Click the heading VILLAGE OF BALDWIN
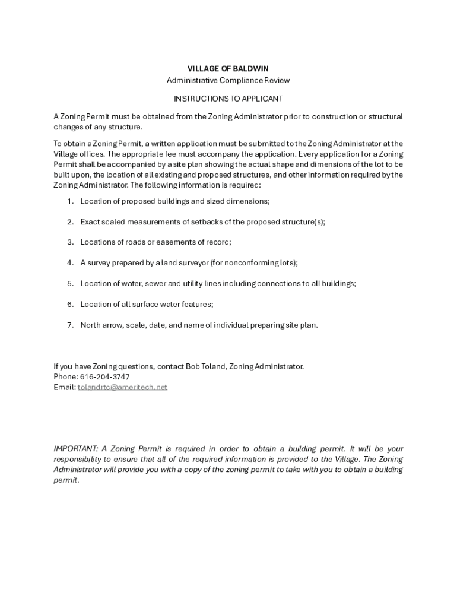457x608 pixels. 228,69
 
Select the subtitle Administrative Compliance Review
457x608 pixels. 228,80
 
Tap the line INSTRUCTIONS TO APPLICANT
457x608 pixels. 228,98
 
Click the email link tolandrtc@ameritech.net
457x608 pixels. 123,387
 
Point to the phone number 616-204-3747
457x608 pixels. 104,377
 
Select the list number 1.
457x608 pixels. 69,201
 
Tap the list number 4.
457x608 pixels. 69,263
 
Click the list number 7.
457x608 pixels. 69,325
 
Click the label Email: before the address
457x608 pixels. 64,387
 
